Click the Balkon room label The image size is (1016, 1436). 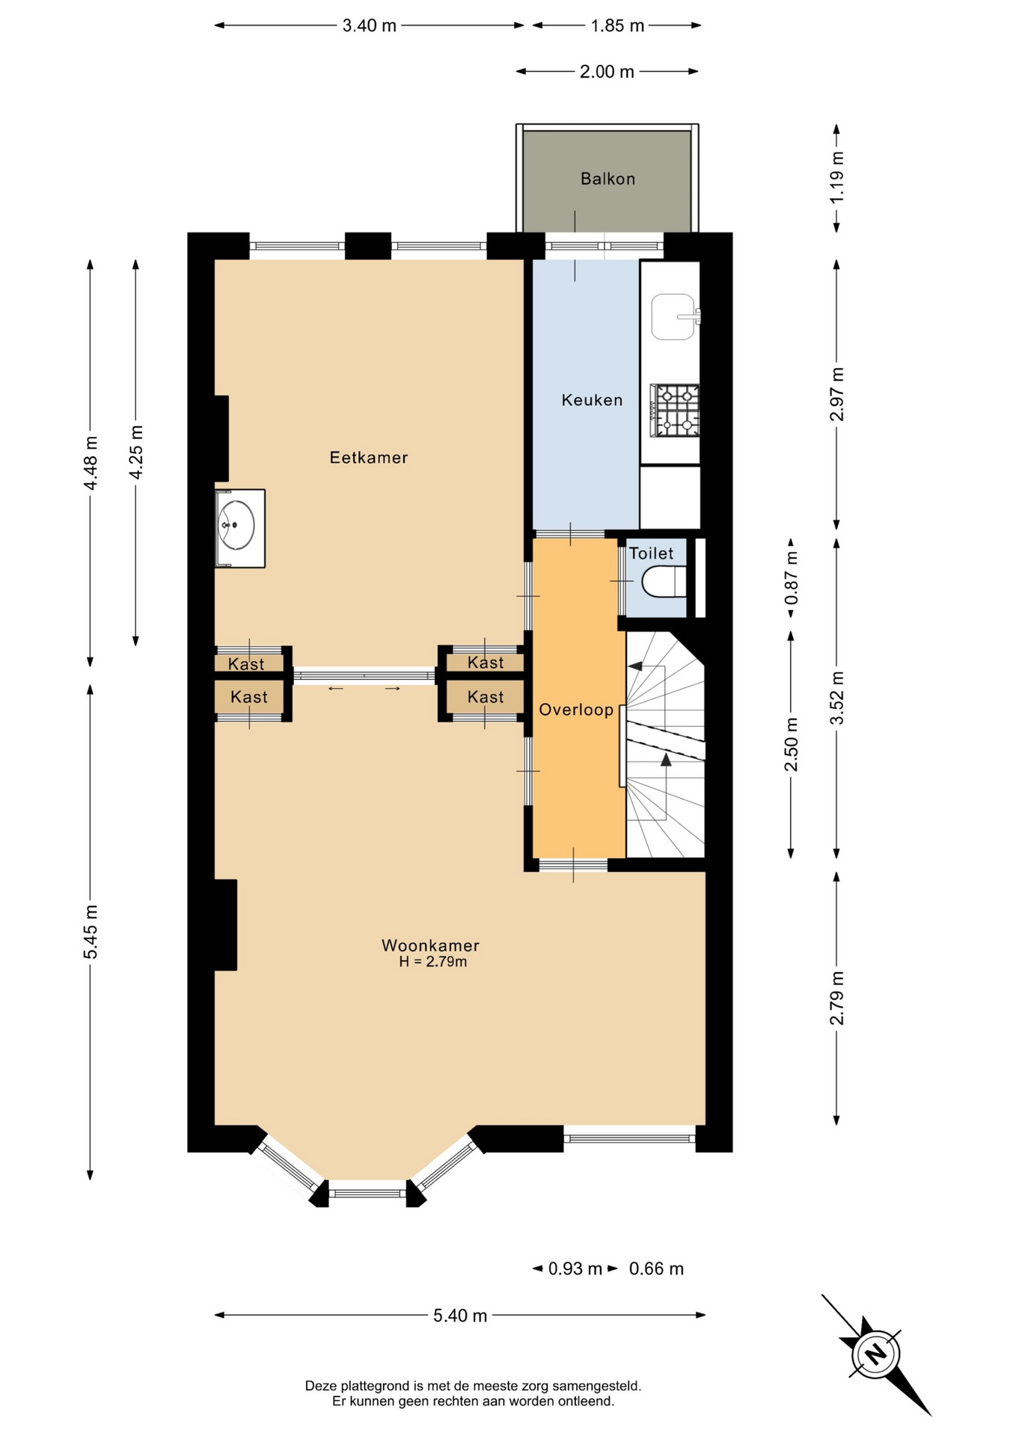pyautogui.click(x=608, y=179)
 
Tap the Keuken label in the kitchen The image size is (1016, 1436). pyautogui.click(x=592, y=400)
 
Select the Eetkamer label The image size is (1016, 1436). pyautogui.click(x=369, y=457)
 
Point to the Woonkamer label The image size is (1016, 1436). pyautogui.click(x=430, y=945)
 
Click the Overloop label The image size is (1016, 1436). pyautogui.click(x=576, y=710)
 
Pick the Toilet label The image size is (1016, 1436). pyautogui.click(x=651, y=553)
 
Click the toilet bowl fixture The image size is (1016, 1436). pyautogui.click(x=664, y=582)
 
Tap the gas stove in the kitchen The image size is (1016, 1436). pyautogui.click(x=675, y=411)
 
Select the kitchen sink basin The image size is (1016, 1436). pyautogui.click(x=673, y=316)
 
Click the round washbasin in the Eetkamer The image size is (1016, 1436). pyautogui.click(x=236, y=525)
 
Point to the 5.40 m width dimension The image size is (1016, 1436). pyautogui.click(x=460, y=1316)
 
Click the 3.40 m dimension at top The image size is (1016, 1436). pyautogui.click(x=369, y=26)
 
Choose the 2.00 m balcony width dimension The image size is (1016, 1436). pyautogui.click(x=607, y=72)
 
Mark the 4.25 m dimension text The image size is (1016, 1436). pyautogui.click(x=136, y=452)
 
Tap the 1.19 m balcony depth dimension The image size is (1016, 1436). pyautogui.click(x=837, y=177)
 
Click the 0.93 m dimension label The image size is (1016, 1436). pyautogui.click(x=575, y=1268)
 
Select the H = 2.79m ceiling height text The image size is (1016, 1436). pyautogui.click(x=433, y=962)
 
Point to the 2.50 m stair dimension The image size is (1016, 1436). pyautogui.click(x=791, y=744)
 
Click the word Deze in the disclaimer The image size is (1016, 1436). pyautogui.click(x=321, y=1386)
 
